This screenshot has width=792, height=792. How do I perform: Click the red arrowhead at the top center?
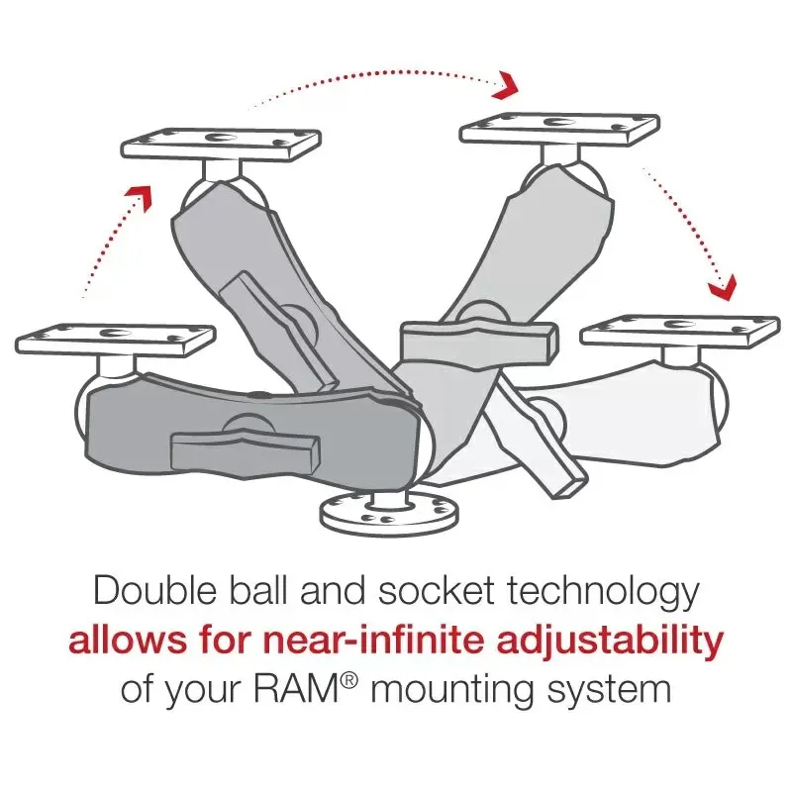(x=508, y=86)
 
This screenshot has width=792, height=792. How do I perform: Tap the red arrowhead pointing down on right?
(x=723, y=288)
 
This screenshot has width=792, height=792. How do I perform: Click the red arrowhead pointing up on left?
(x=145, y=196)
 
